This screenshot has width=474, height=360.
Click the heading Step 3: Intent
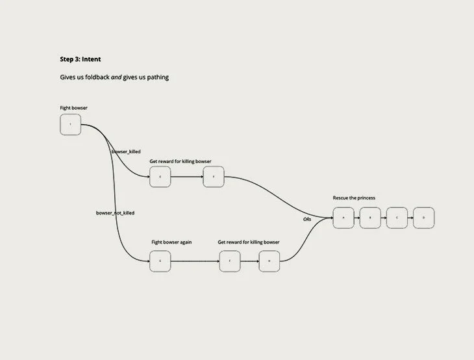tap(81, 59)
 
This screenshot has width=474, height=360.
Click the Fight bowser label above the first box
tap(73, 107)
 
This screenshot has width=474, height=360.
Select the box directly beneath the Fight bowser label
tap(70, 125)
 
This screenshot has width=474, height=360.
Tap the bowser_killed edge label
tap(126, 151)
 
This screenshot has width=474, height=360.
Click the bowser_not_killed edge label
tap(116, 212)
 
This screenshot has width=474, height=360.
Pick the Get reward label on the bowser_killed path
tap(181, 161)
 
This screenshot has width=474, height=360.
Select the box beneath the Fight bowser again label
tap(160, 261)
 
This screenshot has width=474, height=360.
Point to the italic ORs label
tap(308, 220)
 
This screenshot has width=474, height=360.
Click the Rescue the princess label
tap(354, 198)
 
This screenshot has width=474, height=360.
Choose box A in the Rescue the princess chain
tap(343, 218)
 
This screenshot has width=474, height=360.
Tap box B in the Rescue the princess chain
tap(370, 218)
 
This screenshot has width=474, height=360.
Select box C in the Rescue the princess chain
tap(397, 218)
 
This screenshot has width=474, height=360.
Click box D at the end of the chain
tap(423, 218)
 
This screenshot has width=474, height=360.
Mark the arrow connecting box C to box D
tap(410, 218)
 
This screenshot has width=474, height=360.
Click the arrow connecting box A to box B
tap(356, 218)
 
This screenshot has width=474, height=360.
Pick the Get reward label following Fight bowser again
tap(249, 242)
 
